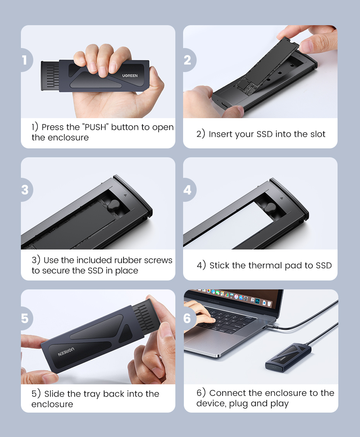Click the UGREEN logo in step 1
(130, 76)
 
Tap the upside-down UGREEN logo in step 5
(66, 352)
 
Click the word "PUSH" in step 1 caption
(95, 127)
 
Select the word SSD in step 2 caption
(264, 134)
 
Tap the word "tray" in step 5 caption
(92, 394)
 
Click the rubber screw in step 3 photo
(113, 205)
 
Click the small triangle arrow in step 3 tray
(125, 195)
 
